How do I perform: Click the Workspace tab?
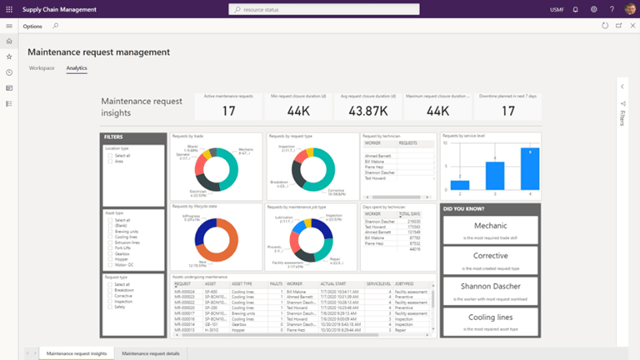42,67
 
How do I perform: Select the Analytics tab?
77,67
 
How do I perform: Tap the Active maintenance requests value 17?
228,110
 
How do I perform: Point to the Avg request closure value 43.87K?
367,110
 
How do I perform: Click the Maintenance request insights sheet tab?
77,353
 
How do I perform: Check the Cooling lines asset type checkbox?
109,236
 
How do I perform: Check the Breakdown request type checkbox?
109,289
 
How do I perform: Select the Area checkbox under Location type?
109,162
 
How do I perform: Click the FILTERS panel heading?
114,137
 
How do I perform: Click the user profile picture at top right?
631,9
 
